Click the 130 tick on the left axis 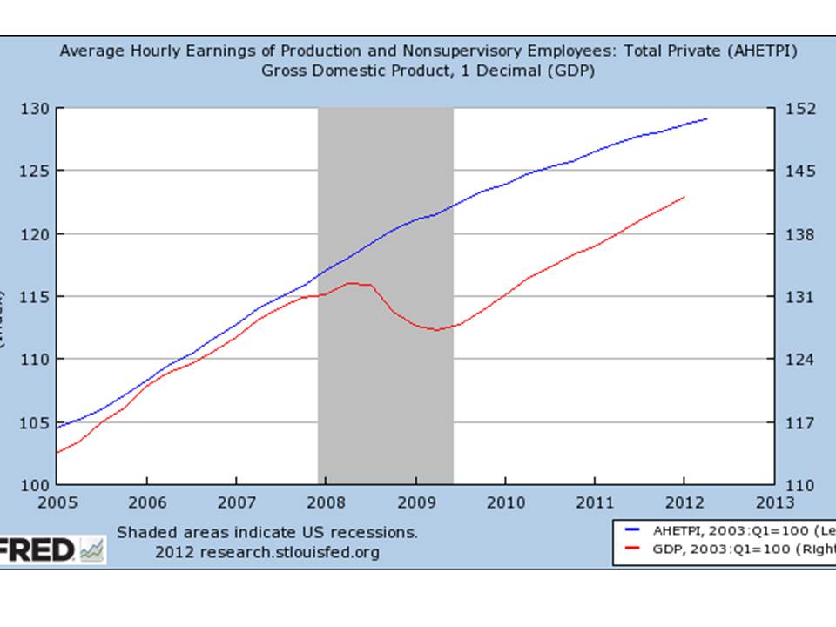pos(36,109)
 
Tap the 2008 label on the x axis pos(326,502)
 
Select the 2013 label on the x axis pos(773,502)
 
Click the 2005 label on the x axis pos(57,502)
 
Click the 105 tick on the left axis pos(36,423)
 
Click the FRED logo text pos(37,549)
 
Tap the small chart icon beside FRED pos(91,549)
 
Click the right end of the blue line pos(706,118)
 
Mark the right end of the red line pos(685,197)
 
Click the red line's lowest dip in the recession pos(435,330)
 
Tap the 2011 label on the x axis pos(594,502)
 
